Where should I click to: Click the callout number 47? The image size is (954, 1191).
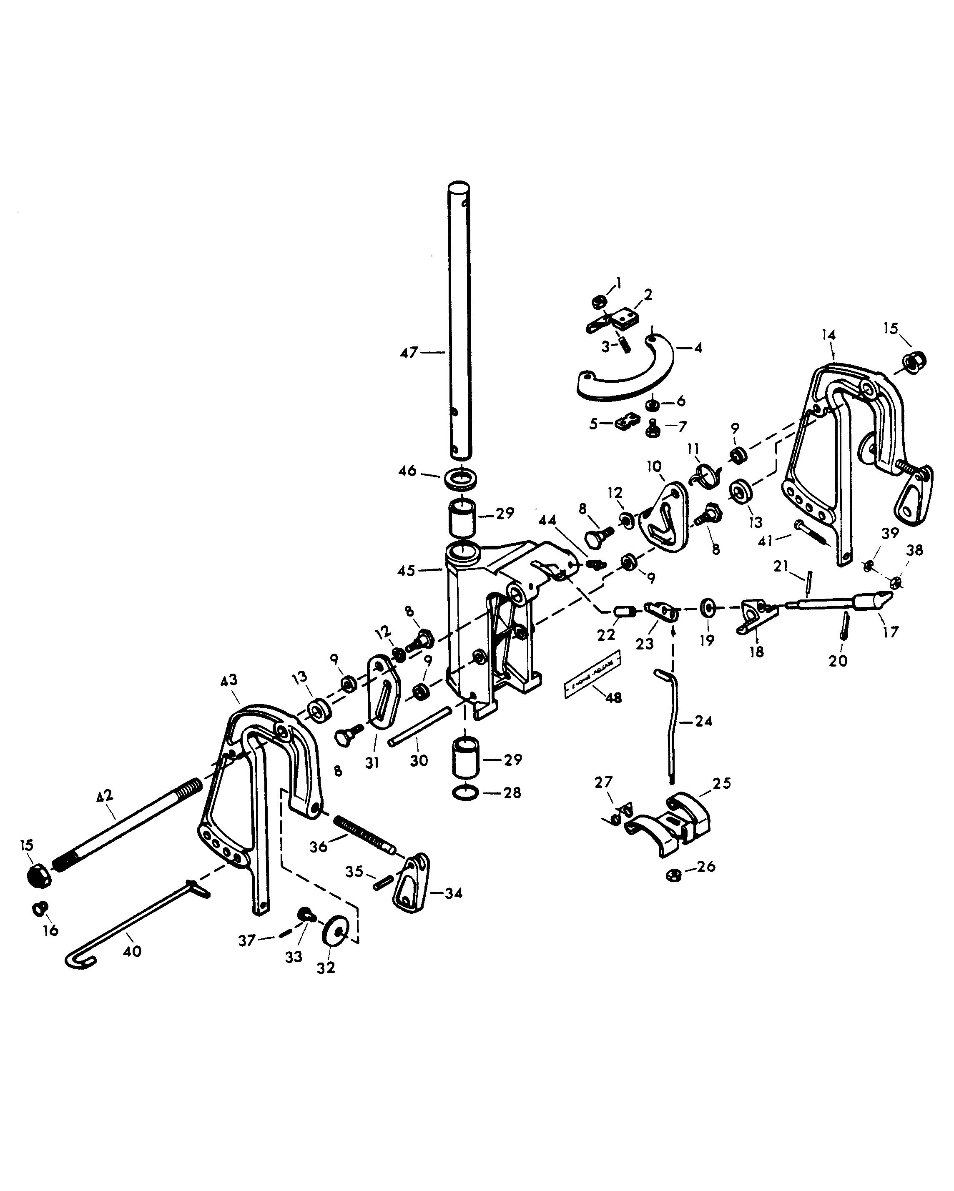(x=409, y=352)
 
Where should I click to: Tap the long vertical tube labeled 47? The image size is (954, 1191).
(x=459, y=321)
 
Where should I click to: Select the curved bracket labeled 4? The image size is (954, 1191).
(x=624, y=381)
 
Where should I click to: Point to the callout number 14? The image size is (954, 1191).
(x=828, y=335)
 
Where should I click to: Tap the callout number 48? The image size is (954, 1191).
(x=614, y=698)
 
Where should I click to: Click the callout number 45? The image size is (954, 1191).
(x=407, y=571)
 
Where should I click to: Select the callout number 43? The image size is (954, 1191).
(x=229, y=680)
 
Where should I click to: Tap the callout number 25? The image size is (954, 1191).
(x=721, y=783)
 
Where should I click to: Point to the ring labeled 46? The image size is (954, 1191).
(x=461, y=478)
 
